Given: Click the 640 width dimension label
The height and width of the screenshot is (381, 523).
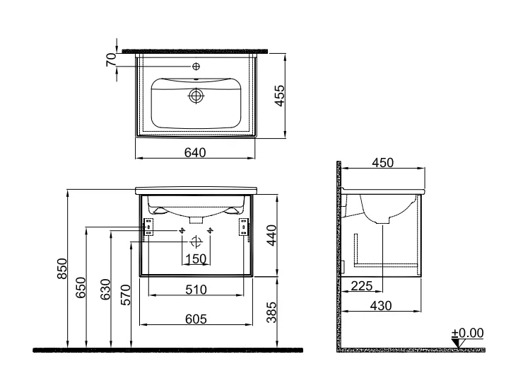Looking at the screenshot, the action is click(x=195, y=153).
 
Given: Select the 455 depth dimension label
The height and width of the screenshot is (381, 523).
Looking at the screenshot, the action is click(x=279, y=96).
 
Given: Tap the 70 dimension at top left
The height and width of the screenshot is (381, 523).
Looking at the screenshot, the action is click(x=112, y=59).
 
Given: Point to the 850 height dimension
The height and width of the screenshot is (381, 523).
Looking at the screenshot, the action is click(x=61, y=268).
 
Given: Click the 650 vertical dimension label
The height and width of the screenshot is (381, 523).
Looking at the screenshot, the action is click(x=81, y=288).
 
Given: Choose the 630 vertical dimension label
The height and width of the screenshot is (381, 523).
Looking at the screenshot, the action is click(x=105, y=290).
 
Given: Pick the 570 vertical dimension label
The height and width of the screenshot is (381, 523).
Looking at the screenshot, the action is click(x=125, y=295).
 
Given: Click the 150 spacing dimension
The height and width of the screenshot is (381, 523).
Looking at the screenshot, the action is click(x=196, y=259).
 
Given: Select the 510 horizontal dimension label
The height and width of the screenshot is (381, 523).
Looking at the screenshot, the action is click(x=196, y=290).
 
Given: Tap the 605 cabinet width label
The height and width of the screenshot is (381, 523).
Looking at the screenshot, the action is click(x=196, y=319).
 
